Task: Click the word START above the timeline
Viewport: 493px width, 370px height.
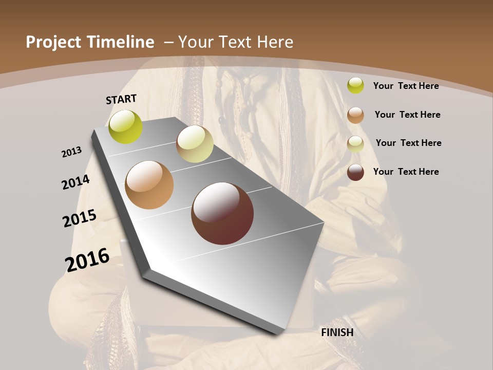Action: pyautogui.click(x=121, y=99)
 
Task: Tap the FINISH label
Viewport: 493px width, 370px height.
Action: pyautogui.click(x=337, y=332)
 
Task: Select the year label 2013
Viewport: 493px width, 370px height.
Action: pyautogui.click(x=72, y=152)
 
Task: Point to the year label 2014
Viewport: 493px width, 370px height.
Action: pyautogui.click(x=76, y=182)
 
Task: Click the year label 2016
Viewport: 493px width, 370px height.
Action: pyautogui.click(x=87, y=260)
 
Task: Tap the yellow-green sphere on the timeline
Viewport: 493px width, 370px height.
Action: pyautogui.click(x=126, y=127)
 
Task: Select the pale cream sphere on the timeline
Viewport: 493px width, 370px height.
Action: pyautogui.click(x=195, y=144)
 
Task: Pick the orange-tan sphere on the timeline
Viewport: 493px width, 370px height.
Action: pyautogui.click(x=149, y=185)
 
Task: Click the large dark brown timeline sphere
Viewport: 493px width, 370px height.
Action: pyautogui.click(x=222, y=213)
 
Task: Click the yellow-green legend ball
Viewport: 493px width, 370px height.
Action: pyautogui.click(x=355, y=85)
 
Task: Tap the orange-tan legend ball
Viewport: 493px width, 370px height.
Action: pyautogui.click(x=355, y=115)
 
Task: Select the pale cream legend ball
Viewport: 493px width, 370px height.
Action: pyautogui.click(x=355, y=144)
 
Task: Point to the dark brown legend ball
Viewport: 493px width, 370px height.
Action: pyautogui.click(x=355, y=172)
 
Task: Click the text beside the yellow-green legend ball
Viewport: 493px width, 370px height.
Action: pyautogui.click(x=406, y=86)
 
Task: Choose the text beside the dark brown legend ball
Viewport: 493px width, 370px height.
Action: pyautogui.click(x=406, y=172)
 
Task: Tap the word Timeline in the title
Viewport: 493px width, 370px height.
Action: pyautogui.click(x=121, y=42)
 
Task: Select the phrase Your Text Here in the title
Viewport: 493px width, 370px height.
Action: pyautogui.click(x=236, y=42)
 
